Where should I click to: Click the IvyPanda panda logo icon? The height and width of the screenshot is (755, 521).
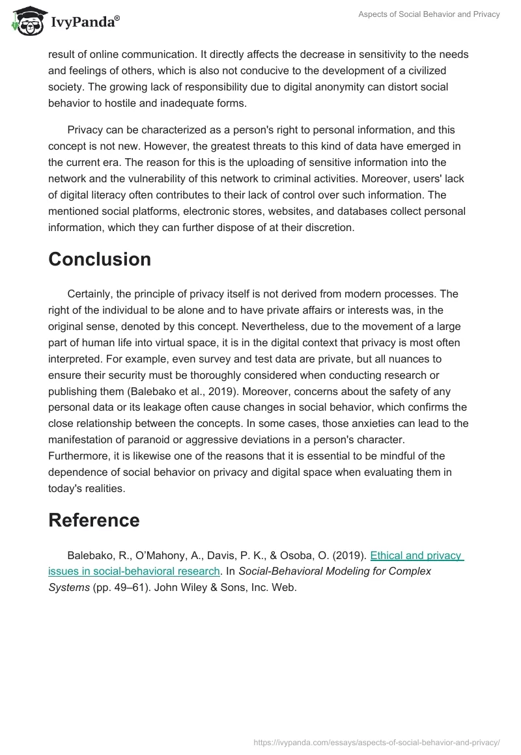click(27, 21)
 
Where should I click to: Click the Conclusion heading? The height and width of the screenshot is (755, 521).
click(100, 259)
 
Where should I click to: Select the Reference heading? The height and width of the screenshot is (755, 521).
click(94, 520)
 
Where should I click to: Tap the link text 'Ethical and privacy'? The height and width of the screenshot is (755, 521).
click(416, 555)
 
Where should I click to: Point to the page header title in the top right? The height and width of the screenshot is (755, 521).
click(429, 14)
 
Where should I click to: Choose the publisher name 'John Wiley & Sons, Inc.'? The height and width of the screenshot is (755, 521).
click(212, 586)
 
